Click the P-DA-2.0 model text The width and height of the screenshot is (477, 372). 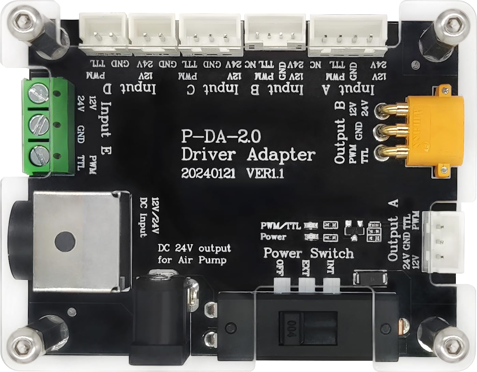click(221, 136)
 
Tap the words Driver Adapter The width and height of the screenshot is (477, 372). click(248, 154)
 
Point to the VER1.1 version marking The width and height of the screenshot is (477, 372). click(265, 174)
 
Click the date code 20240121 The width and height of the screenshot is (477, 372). click(208, 174)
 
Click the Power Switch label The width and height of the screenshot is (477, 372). click(308, 253)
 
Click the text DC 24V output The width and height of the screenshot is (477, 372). click(194, 248)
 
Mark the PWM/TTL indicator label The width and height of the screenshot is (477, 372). click(280, 226)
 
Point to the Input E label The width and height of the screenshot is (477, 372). click(106, 128)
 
